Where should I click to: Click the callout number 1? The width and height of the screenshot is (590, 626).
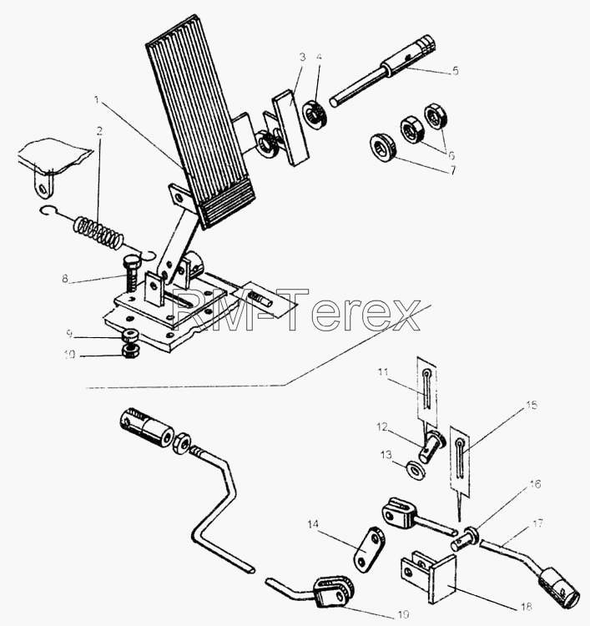tap(96, 99)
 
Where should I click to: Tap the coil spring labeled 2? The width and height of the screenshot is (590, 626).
tap(98, 232)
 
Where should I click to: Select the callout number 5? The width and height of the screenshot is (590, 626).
tap(456, 71)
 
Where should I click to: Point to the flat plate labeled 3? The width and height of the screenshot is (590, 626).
tap(291, 128)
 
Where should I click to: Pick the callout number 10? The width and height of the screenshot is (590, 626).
tap(69, 355)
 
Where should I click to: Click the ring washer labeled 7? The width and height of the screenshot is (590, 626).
tap(382, 148)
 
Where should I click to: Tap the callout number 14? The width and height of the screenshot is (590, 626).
tap(313, 524)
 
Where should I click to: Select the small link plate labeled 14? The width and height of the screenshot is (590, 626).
tap(369, 549)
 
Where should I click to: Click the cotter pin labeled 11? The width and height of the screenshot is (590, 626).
tap(426, 390)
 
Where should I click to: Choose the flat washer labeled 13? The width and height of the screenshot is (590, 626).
tap(415, 470)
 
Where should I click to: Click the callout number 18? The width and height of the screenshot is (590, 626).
tap(527, 607)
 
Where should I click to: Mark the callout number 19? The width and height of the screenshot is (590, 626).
tap(404, 614)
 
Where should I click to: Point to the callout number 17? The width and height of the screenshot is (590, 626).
tap(537, 523)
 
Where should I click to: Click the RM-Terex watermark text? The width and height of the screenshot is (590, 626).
tap(295, 310)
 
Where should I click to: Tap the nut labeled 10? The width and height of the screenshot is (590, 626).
tap(129, 351)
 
